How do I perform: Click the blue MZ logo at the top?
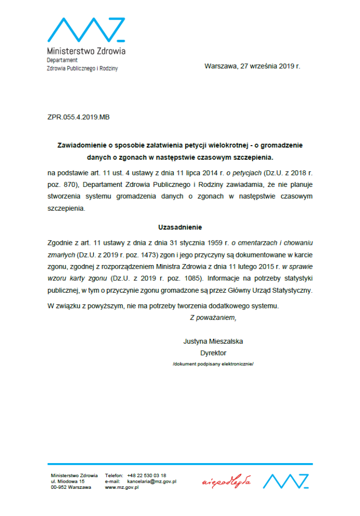[x=86, y=30]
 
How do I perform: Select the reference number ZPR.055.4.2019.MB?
[x=78, y=117]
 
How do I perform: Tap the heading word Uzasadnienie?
[x=180, y=227]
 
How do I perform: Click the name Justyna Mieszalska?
[x=213, y=341]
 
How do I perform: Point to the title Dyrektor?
[x=213, y=353]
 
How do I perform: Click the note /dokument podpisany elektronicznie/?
[x=213, y=363]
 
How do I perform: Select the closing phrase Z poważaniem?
[x=213, y=317]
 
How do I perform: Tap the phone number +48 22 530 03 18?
[x=147, y=475]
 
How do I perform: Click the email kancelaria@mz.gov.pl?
[x=151, y=481]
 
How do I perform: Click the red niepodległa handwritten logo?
[x=226, y=482]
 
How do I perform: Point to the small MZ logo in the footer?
[x=285, y=481]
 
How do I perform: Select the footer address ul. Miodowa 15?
[x=68, y=481]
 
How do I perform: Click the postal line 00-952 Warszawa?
[x=71, y=487]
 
